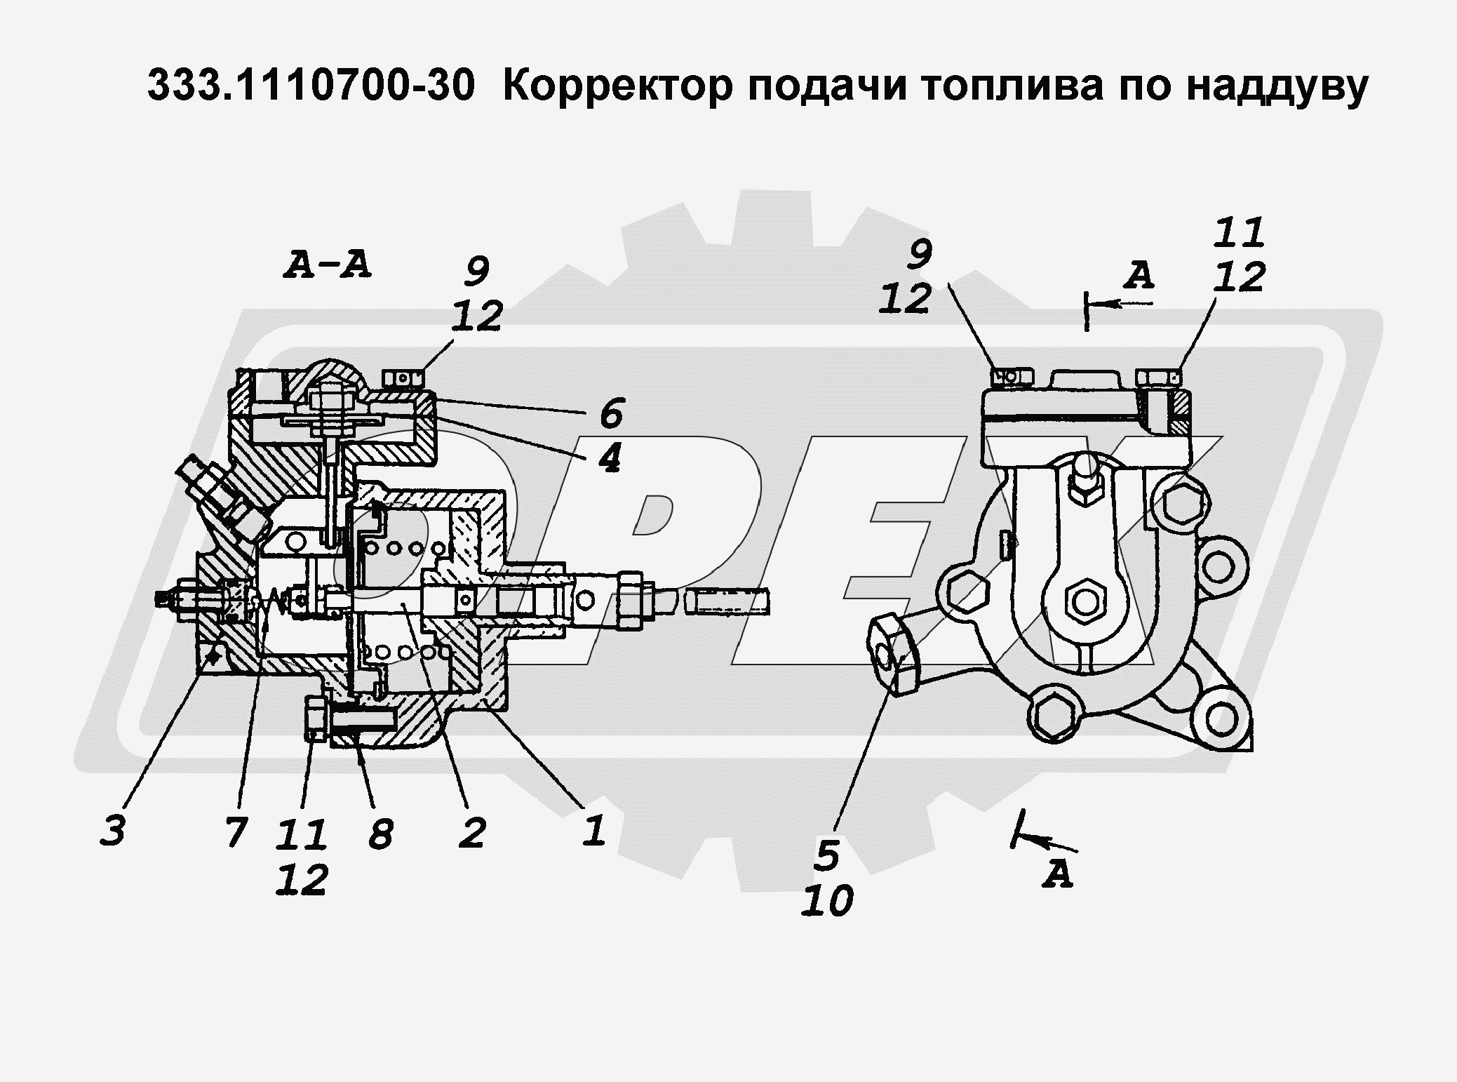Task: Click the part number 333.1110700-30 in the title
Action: (311, 87)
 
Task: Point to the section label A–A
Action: (328, 266)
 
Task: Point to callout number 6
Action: (611, 413)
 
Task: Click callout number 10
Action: (827, 900)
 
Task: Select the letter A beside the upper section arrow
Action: (1138, 276)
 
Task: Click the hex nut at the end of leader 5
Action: (894, 652)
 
